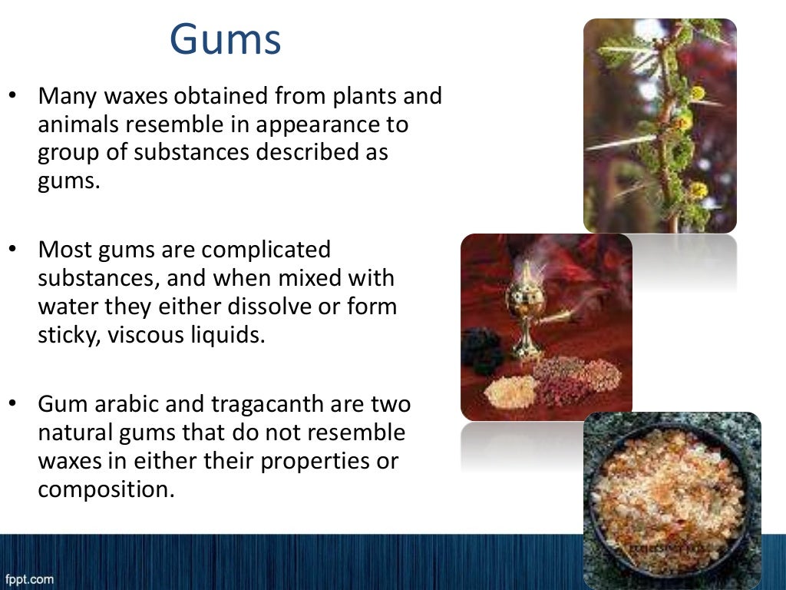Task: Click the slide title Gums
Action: tap(225, 40)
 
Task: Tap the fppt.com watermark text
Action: tap(29, 578)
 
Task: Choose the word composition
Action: tap(102, 489)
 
